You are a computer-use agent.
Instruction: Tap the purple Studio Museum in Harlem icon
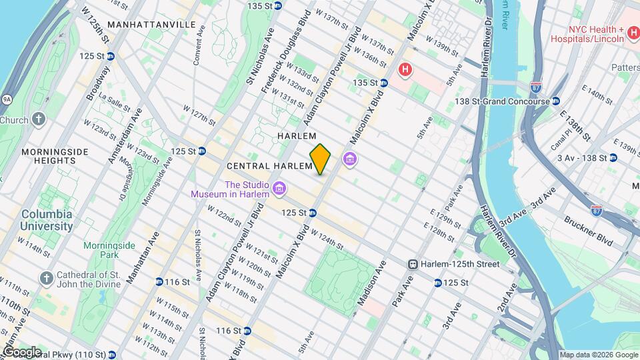click(x=279, y=189)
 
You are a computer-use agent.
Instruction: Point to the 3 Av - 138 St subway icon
click(x=613, y=158)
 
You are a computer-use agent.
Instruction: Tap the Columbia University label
click(x=47, y=220)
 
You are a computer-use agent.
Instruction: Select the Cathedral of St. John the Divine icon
click(x=46, y=277)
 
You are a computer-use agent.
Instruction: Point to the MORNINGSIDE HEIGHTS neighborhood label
click(x=54, y=156)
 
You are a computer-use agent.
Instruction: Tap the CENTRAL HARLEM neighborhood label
click(x=269, y=165)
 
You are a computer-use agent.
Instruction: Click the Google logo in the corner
click(x=21, y=352)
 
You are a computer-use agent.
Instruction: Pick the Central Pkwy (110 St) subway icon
click(x=111, y=355)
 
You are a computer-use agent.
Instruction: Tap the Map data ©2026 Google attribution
click(x=598, y=355)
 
